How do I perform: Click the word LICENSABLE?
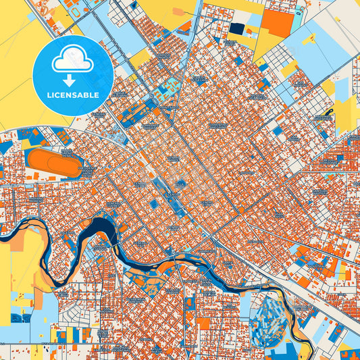click(x=72, y=95)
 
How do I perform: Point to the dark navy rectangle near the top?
click(x=237, y=28)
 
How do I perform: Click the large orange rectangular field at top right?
click(x=278, y=23)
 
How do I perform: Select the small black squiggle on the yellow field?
click(x=330, y=112)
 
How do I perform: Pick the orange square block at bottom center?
click(x=203, y=324)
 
